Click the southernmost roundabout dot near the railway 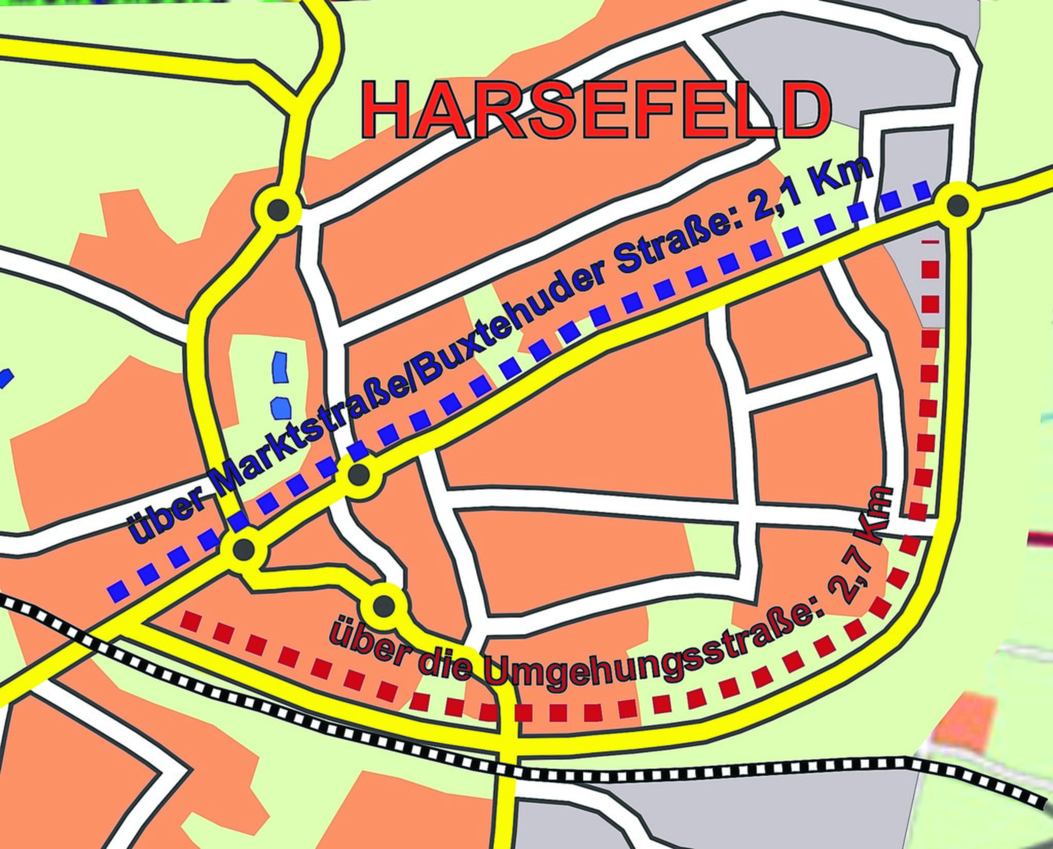(x=384, y=607)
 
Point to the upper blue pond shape (x=280, y=367)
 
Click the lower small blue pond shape (x=282, y=408)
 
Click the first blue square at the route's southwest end (x=118, y=592)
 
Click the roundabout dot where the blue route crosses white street (x=358, y=475)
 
